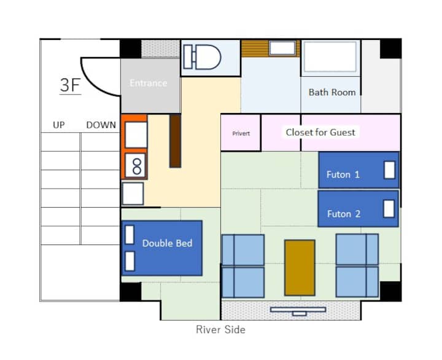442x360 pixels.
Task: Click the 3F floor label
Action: (x=71, y=85)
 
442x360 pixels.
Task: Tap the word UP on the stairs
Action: (x=59, y=125)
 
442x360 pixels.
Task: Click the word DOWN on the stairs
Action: (x=101, y=125)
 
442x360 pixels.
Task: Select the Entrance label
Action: (x=149, y=83)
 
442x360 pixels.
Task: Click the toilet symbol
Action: (x=202, y=57)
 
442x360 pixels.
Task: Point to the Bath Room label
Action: (x=331, y=92)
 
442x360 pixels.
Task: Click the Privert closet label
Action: (x=241, y=133)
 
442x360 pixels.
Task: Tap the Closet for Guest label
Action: (x=320, y=132)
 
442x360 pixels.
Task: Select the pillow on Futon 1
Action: (x=389, y=170)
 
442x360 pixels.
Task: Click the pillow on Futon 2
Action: (x=389, y=209)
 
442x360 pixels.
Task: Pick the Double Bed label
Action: (x=167, y=243)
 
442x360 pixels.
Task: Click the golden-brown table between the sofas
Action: (x=300, y=268)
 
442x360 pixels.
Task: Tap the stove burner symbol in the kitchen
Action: (x=136, y=166)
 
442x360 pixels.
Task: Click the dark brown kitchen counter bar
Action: (x=175, y=141)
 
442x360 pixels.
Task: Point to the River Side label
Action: (x=221, y=329)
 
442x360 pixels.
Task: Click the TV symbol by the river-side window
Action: (x=298, y=311)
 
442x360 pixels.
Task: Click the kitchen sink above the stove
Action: (x=136, y=135)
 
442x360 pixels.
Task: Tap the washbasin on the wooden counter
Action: (x=282, y=48)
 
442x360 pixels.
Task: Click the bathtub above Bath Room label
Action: (x=330, y=57)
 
